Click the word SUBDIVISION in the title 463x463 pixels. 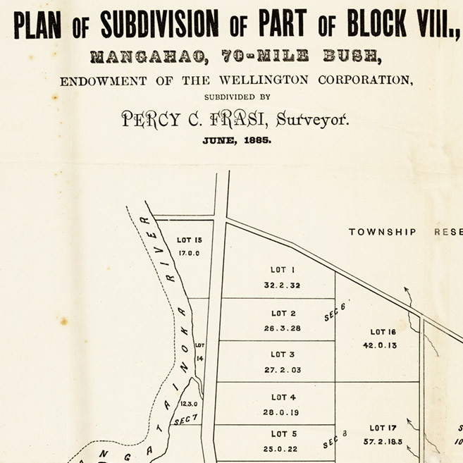click(x=159, y=25)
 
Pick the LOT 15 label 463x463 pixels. click(x=190, y=240)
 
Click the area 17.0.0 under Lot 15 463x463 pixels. click(x=189, y=252)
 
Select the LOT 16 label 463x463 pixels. click(x=383, y=332)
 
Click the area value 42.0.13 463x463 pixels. click(x=380, y=345)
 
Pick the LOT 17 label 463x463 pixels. click(x=383, y=428)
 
